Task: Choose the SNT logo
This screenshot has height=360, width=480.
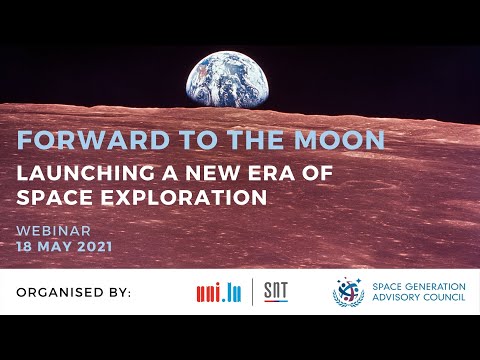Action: pos(275,291)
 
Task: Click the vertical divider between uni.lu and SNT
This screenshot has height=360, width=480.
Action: pos(251,291)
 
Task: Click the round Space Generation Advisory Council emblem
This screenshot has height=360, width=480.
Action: pos(349,291)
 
